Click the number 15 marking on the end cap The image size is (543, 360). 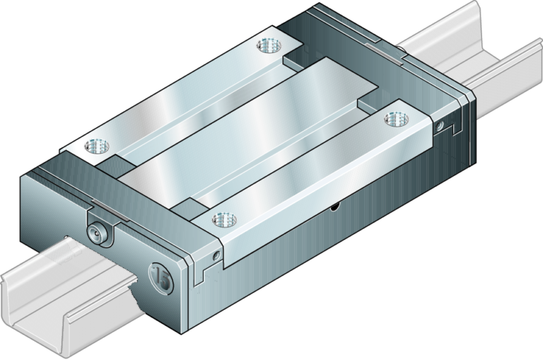tap(161, 277)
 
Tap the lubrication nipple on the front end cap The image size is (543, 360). tap(97, 232)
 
